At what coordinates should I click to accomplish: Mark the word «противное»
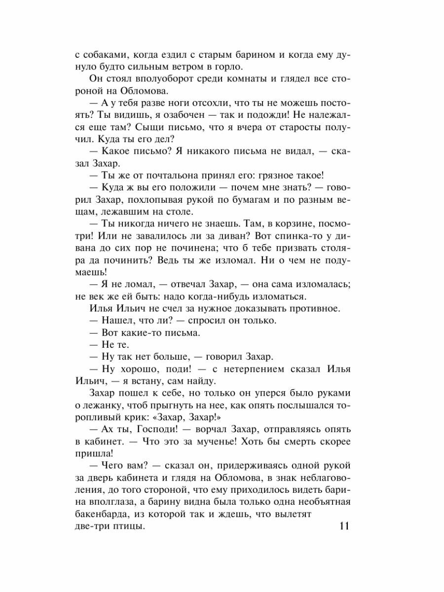click(310, 309)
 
